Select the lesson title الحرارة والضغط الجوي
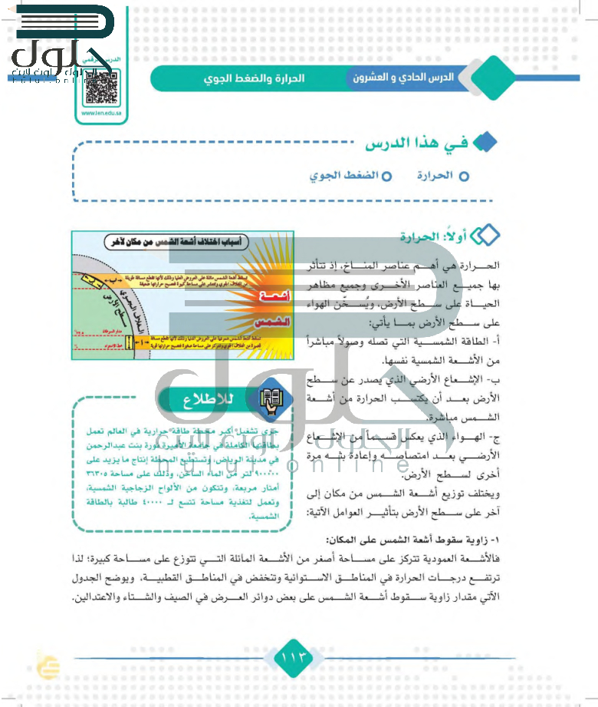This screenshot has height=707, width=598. click(x=254, y=78)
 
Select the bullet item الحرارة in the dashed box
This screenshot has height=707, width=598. click(x=435, y=176)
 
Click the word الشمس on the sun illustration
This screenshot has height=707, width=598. click(x=274, y=322)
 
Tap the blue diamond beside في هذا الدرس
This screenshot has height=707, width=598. click(x=485, y=143)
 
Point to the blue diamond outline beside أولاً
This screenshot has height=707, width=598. click(x=485, y=237)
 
